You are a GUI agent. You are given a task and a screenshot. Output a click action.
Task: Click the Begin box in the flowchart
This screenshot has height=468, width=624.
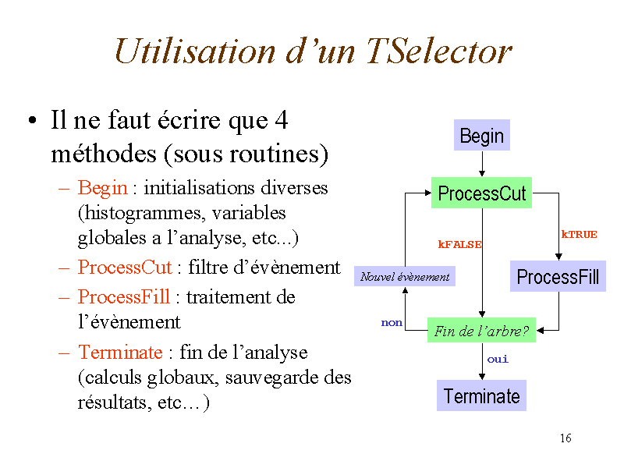coord(481,136)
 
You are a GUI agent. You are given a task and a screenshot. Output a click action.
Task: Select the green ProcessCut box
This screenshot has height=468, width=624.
coord(481,193)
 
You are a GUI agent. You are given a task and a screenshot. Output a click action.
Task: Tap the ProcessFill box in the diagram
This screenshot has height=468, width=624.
coord(558,277)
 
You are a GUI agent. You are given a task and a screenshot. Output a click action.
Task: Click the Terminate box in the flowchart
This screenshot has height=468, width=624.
coord(481,396)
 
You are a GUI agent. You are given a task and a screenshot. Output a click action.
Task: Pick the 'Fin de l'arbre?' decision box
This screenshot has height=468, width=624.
coord(481,331)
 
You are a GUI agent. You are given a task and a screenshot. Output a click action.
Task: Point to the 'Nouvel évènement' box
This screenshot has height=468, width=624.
coord(405,276)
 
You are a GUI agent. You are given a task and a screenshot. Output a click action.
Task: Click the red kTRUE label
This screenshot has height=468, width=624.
coord(579,234)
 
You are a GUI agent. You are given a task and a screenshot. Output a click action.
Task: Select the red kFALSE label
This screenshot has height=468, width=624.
coord(459,244)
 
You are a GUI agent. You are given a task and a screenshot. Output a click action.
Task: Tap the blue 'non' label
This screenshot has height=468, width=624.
coord(392,322)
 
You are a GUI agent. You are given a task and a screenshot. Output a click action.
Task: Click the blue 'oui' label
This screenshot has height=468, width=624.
coord(498,360)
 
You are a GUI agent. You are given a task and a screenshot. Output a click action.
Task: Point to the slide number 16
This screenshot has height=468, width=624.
coord(565,438)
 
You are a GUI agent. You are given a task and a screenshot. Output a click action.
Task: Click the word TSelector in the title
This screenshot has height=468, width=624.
coord(438,51)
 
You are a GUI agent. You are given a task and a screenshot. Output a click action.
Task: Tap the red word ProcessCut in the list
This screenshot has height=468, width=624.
coord(125,268)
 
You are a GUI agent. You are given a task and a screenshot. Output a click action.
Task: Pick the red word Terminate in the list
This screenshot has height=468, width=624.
coord(120,353)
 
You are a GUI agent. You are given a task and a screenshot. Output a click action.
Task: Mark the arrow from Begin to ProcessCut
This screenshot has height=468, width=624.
coord(482,165)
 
